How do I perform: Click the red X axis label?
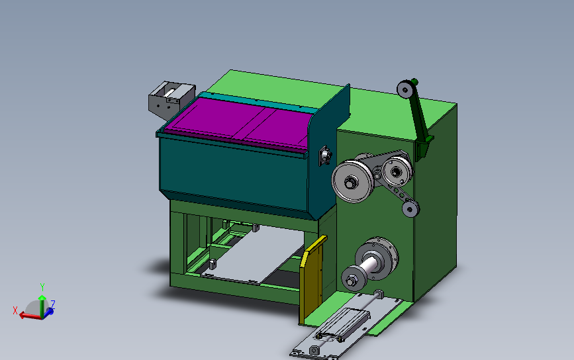coord(15,310)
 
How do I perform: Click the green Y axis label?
coord(42,287)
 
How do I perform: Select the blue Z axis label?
coord(53,304)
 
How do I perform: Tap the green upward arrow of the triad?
coord(42,306)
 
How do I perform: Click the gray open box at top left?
coord(171,99)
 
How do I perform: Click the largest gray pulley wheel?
coord(352,181)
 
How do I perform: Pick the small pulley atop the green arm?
coord(405,89)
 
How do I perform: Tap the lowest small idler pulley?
coord(410,209)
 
